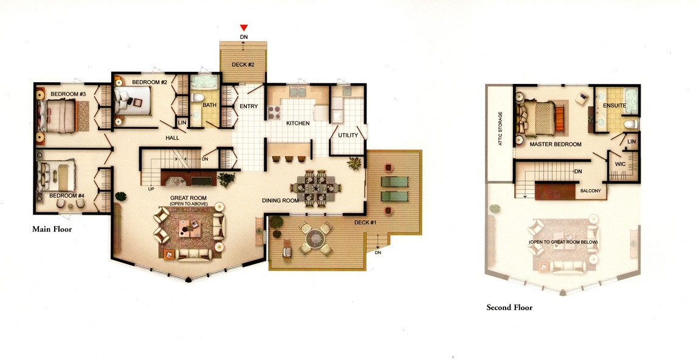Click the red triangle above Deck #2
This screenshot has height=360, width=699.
pos(243,27)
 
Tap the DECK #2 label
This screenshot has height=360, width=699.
pos(243,64)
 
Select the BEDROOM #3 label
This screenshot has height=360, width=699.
pos(68,94)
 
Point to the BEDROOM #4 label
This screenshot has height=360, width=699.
pos(67,196)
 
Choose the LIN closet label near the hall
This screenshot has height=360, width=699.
pos(182,123)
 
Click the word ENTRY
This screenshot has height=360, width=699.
pos(249,106)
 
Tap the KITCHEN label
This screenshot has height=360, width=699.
pos(298,123)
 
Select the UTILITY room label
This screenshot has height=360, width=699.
pos(348,135)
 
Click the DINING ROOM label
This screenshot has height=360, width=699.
pos(280,201)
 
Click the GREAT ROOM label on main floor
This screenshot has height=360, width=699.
pos(188,198)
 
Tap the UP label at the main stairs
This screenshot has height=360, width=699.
pos(151,189)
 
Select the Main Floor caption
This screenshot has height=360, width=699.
pos(52,229)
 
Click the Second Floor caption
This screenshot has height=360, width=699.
pos(509,307)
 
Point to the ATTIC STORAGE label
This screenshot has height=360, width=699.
pos(500,128)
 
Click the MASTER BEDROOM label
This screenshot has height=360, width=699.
pos(556,145)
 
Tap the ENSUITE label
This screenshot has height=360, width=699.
pos(615,106)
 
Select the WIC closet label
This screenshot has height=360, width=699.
pos(621,164)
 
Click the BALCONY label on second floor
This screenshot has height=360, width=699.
pos(591,191)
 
